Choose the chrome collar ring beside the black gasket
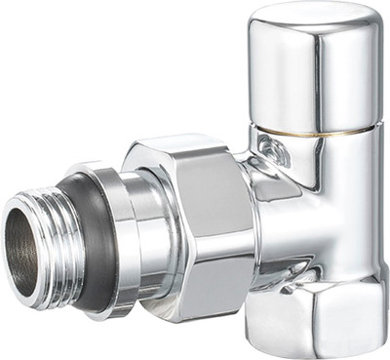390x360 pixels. (x=121, y=239)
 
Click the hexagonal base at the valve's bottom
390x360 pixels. (x=310, y=312)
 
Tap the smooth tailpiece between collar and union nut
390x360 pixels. (x=154, y=234)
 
